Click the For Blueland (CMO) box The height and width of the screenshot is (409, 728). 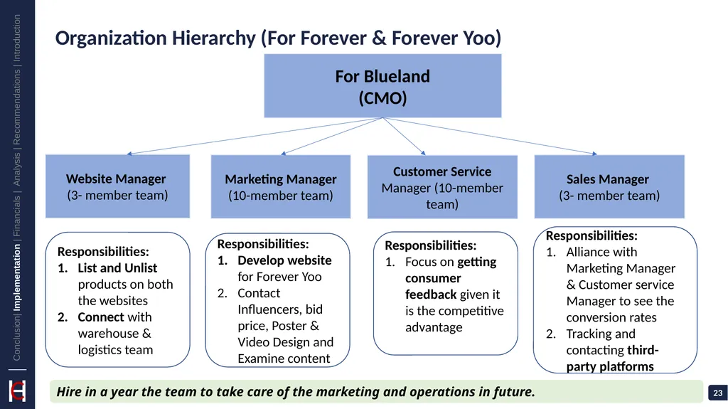click(x=382, y=85)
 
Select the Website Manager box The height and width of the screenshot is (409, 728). click(x=117, y=186)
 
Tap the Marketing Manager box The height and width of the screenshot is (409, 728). click(x=280, y=186)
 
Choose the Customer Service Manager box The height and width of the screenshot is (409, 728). click(x=442, y=187)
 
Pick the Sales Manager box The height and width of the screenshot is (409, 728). click(x=609, y=186)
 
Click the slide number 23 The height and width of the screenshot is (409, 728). click(x=718, y=393)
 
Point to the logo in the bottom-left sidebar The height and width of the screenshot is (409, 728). click(x=17, y=391)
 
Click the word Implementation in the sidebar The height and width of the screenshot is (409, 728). click(x=17, y=277)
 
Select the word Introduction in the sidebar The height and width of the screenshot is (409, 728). click(x=17, y=38)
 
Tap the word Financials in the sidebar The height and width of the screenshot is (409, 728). click(x=17, y=216)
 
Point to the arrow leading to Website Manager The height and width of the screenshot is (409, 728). click(x=255, y=136)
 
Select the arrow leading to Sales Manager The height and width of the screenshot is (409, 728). click(x=490, y=136)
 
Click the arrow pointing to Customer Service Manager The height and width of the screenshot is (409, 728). click(x=404, y=136)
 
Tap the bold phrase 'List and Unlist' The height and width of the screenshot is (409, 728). click(x=117, y=268)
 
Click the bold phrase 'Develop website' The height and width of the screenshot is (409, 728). click(x=284, y=260)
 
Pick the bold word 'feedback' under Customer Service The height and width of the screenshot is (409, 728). click(x=431, y=294)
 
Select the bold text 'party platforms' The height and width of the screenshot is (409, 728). click(x=610, y=367)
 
